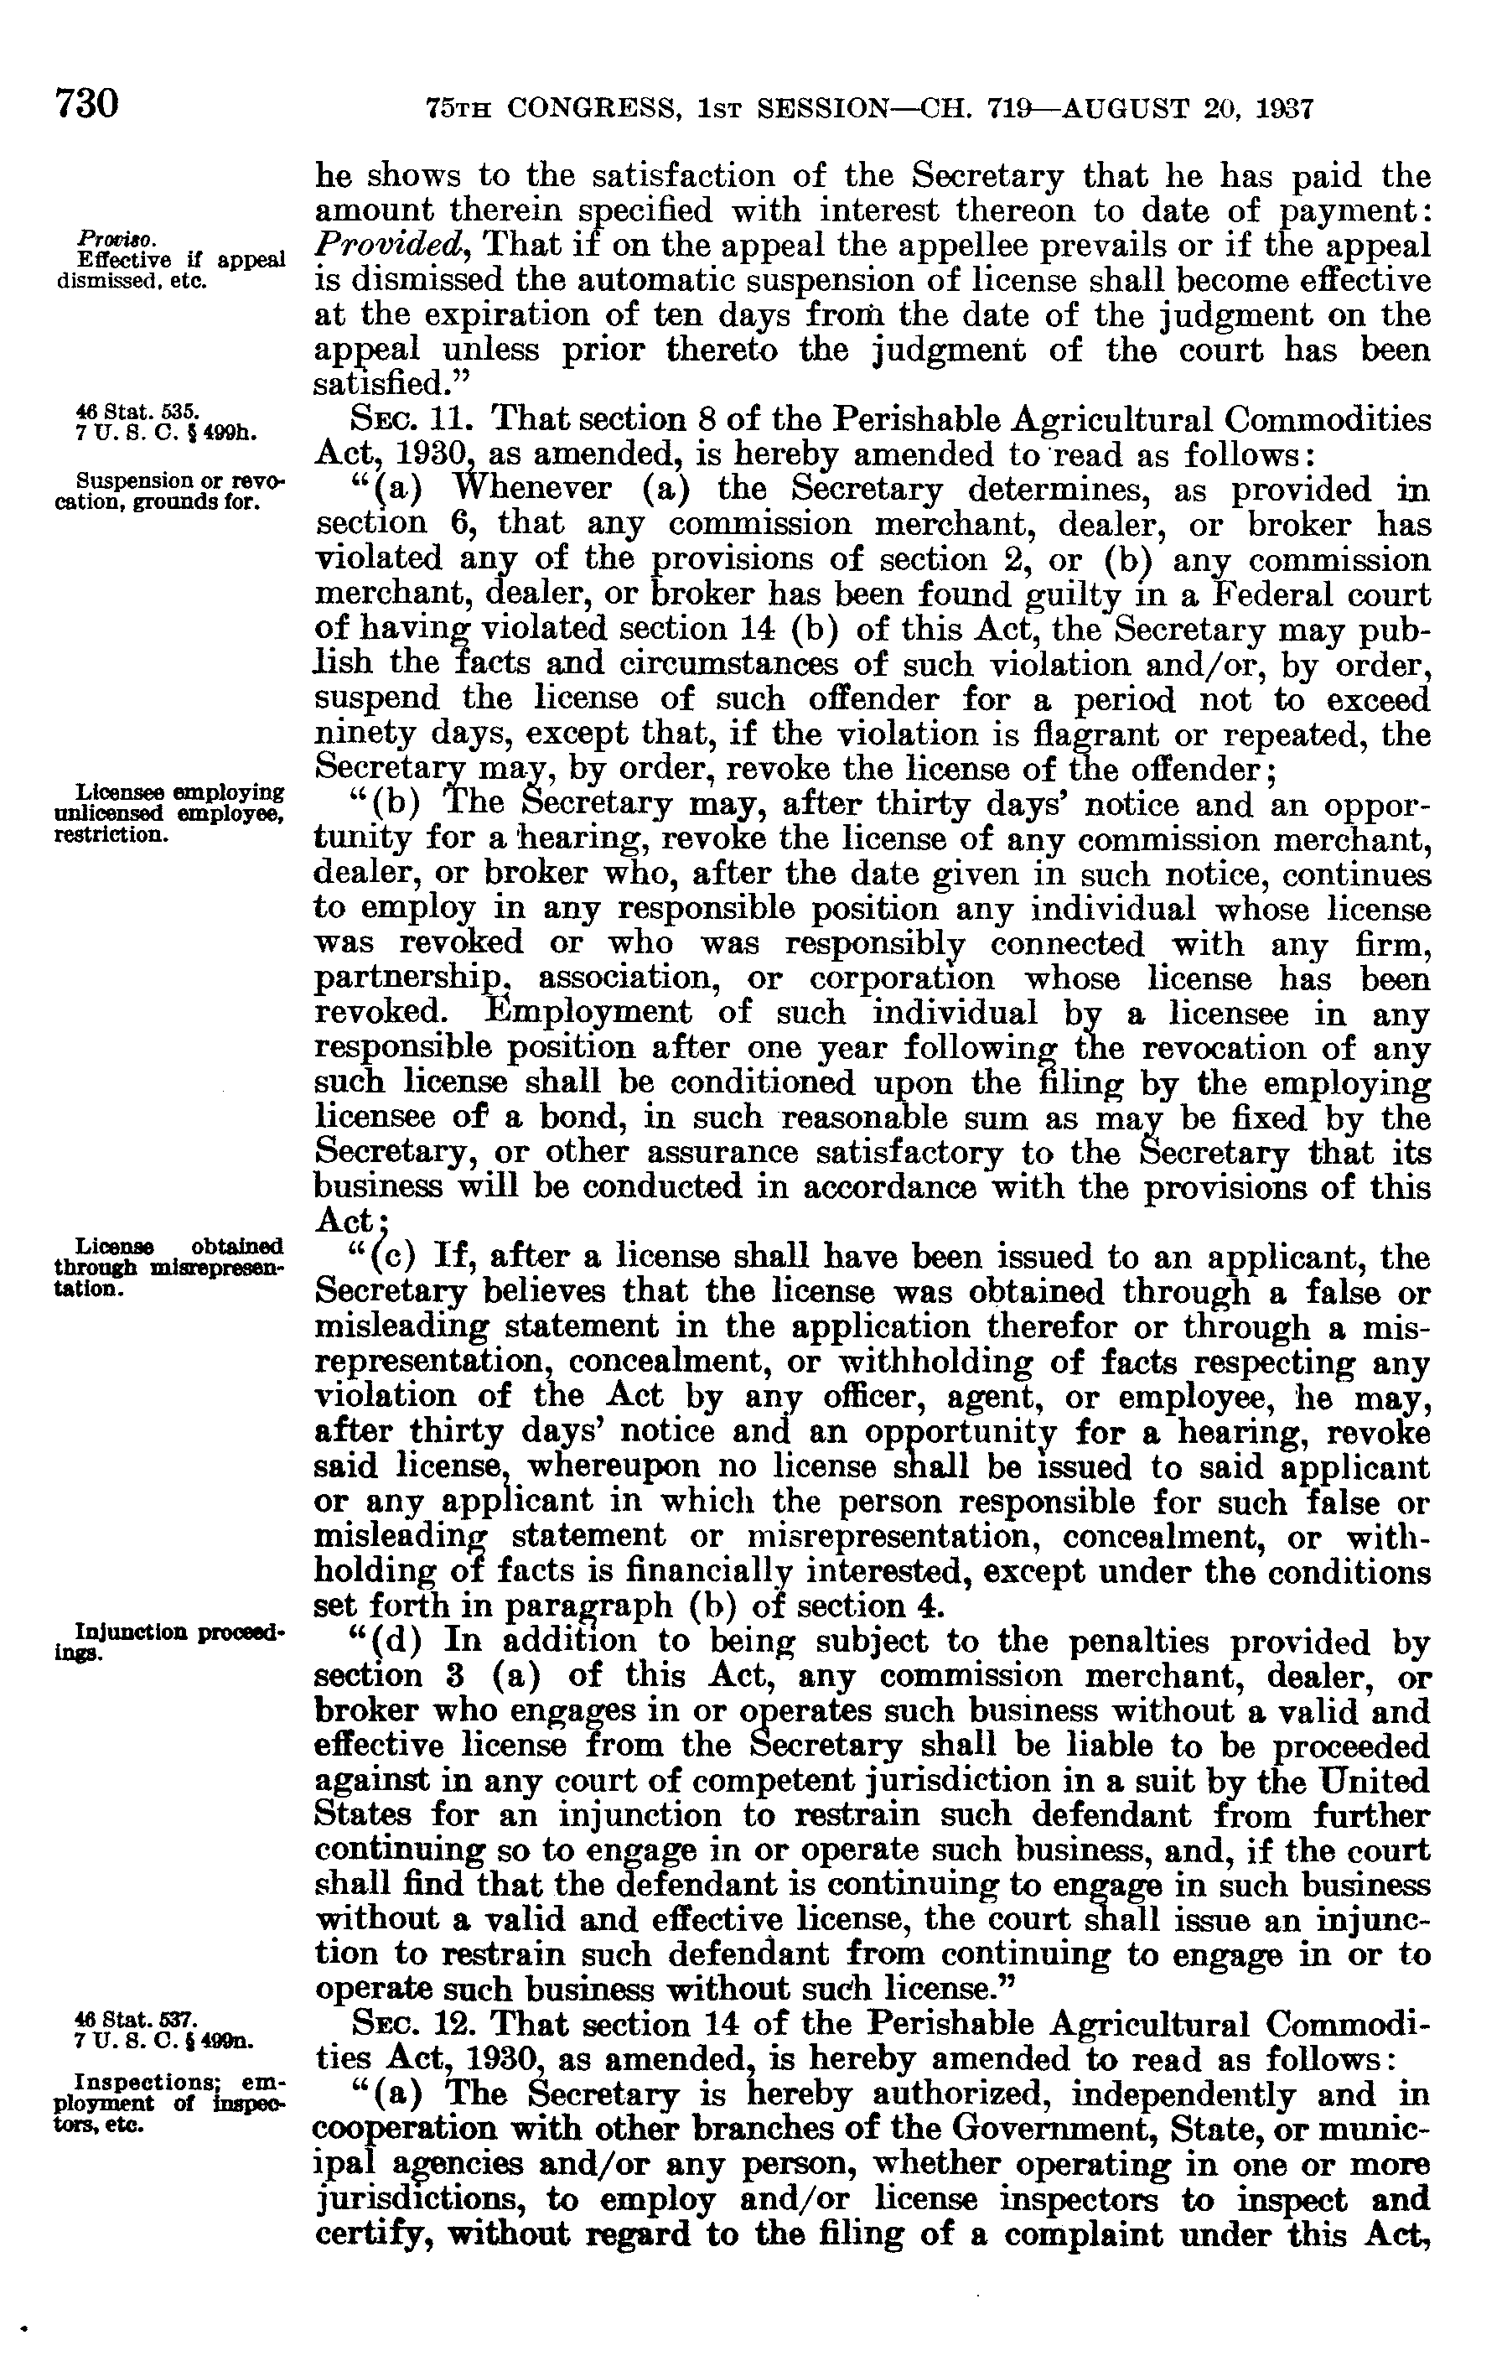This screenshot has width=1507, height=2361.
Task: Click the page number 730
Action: [x=87, y=103]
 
